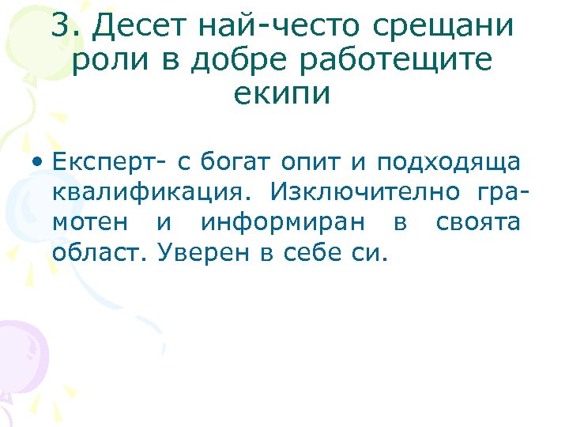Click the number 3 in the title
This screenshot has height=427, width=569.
tap(62, 26)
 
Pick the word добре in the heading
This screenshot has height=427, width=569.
tap(223, 59)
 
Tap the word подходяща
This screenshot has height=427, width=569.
tap(448, 163)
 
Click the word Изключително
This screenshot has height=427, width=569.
tap(365, 193)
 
